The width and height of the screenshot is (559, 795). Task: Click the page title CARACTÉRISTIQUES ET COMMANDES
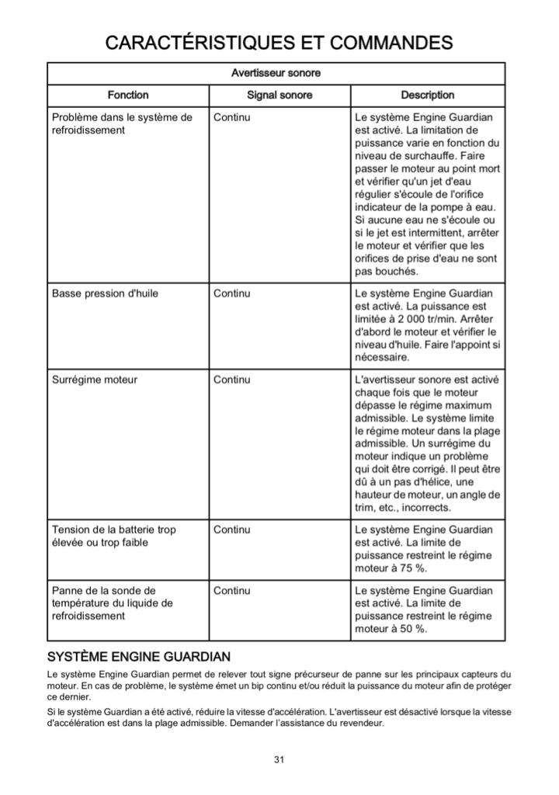[x=279, y=42]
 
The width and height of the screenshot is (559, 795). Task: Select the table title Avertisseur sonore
[x=276, y=73]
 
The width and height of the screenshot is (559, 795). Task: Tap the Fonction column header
[x=128, y=95]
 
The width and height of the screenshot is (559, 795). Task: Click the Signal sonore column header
[x=279, y=95]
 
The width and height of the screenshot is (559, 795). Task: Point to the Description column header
[x=428, y=95]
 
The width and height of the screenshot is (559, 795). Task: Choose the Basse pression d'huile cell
[x=105, y=293]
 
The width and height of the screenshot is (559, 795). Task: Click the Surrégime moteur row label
[x=95, y=380]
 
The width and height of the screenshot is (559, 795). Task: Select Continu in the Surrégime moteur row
[x=231, y=380]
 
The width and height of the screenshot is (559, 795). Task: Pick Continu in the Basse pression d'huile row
[x=231, y=293]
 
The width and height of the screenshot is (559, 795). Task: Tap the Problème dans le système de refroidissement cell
[x=122, y=123]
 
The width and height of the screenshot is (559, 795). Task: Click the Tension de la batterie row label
[x=114, y=536]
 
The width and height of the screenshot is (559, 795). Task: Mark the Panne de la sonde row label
[x=113, y=602]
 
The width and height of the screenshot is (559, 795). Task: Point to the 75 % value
[x=409, y=568]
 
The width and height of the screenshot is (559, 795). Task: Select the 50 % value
[x=409, y=629]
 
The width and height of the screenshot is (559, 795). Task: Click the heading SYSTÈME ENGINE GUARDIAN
[x=139, y=657]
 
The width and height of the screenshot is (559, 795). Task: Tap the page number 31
[x=279, y=759]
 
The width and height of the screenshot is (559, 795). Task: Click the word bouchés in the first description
[x=397, y=272]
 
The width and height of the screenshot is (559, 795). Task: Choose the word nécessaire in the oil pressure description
[x=381, y=358]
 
